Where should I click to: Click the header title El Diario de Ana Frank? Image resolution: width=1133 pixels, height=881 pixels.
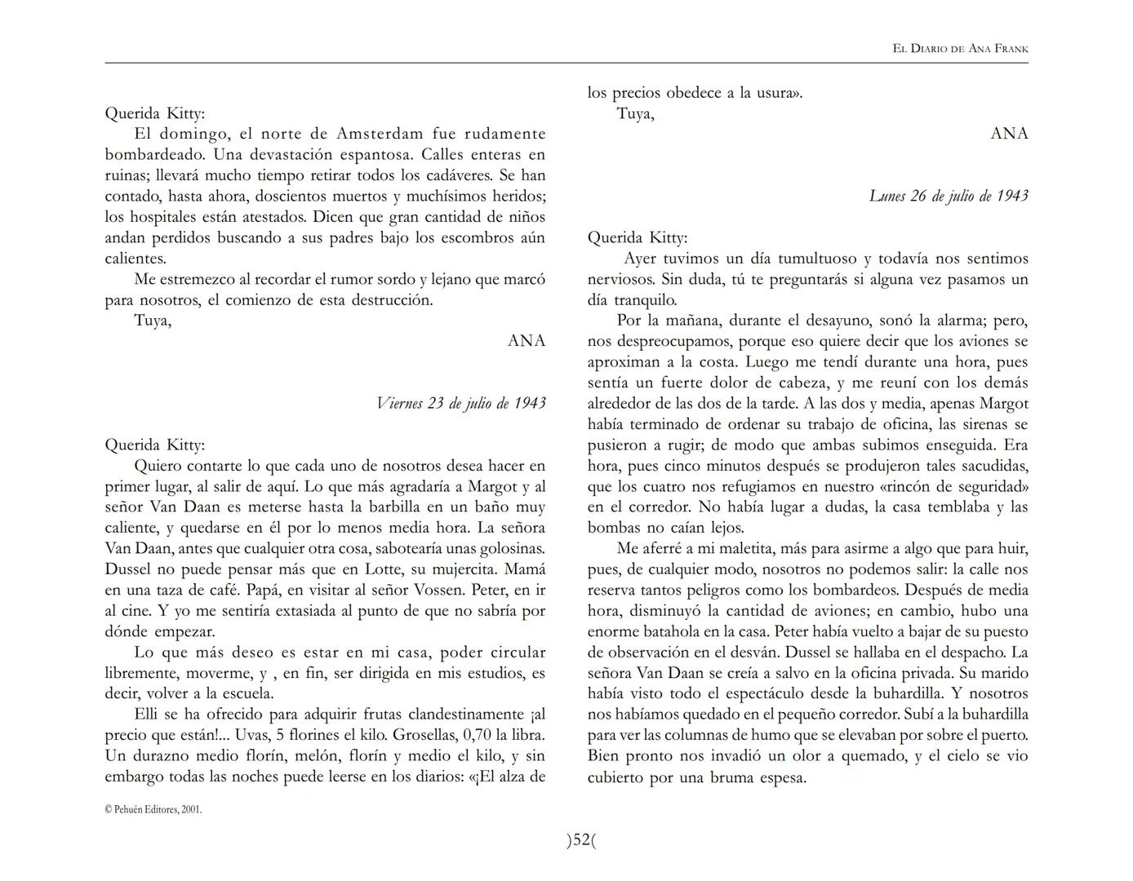click(960, 49)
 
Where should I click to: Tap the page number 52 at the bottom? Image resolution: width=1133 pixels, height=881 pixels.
click(581, 840)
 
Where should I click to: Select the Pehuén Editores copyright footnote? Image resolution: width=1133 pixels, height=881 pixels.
click(153, 810)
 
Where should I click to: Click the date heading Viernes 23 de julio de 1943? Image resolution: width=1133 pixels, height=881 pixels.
click(461, 403)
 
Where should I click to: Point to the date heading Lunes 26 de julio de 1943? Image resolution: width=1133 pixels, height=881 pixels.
click(948, 196)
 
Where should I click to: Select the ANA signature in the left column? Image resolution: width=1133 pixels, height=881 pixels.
click(527, 341)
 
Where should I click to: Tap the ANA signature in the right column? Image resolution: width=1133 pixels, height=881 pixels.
click(1009, 134)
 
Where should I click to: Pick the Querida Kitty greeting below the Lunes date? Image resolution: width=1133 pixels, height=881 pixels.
click(638, 238)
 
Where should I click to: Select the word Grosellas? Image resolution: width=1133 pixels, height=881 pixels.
click(423, 735)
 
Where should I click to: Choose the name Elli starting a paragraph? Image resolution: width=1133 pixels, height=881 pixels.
click(148, 715)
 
